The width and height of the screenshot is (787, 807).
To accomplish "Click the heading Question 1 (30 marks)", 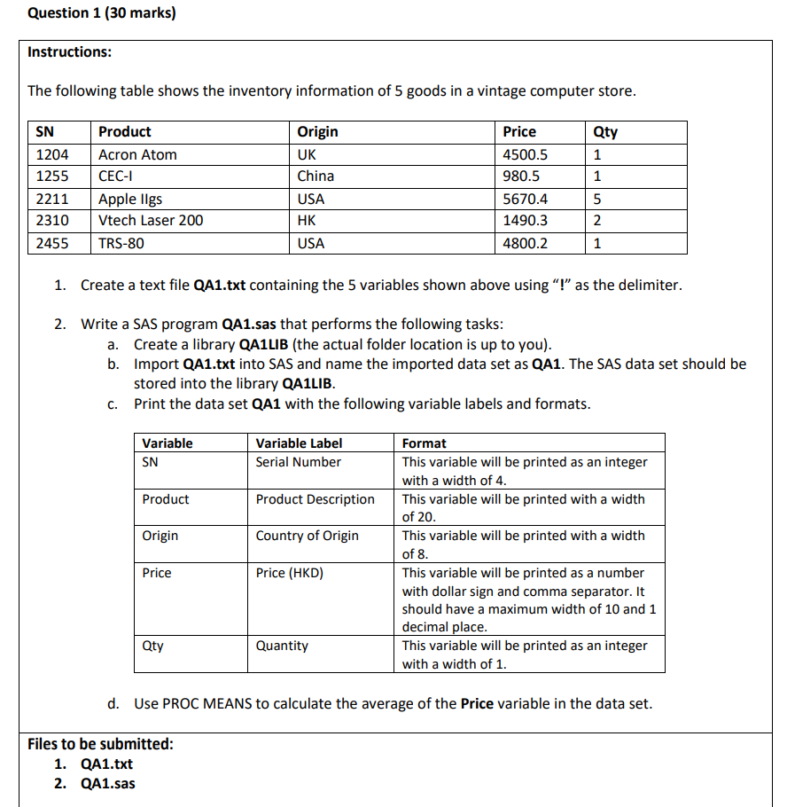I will [102, 13].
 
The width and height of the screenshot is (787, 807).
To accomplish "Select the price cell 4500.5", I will [525, 154].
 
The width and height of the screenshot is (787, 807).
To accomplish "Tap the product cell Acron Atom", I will [137, 154].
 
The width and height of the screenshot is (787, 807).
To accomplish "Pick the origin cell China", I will [316, 176].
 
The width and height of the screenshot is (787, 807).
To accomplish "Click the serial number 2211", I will [51, 199].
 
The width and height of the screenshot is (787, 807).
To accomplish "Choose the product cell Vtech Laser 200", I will [151, 220].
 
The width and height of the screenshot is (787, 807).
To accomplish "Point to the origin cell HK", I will [307, 220].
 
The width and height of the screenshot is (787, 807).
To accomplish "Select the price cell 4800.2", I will [525, 243].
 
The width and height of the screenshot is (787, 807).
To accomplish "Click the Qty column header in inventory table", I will [604, 131].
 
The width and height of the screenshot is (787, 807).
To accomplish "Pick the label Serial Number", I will [298, 461].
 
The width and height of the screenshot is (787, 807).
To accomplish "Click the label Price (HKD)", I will [289, 573].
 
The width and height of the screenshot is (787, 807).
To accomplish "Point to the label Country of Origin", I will [307, 536].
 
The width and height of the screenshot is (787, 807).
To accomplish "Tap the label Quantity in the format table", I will [282, 646].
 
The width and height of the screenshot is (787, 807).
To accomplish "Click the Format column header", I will [424, 443].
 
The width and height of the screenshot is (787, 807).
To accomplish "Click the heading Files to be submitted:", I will [100, 743].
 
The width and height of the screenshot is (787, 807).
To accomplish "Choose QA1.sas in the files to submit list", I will [107, 783].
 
